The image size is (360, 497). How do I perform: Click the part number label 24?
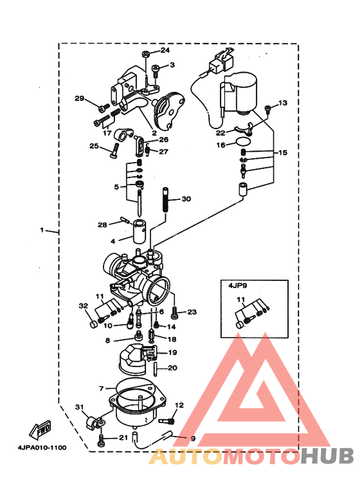(x=165, y=50)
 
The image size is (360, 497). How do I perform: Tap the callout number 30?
(x=186, y=199)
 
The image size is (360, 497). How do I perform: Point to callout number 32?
(x=83, y=305)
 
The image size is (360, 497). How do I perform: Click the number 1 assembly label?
(x=43, y=230)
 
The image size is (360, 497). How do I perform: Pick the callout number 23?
(x=192, y=312)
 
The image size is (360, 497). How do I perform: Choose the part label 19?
(x=172, y=352)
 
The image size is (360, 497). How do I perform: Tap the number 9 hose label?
(x=192, y=438)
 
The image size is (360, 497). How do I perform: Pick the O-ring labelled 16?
(x=243, y=141)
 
